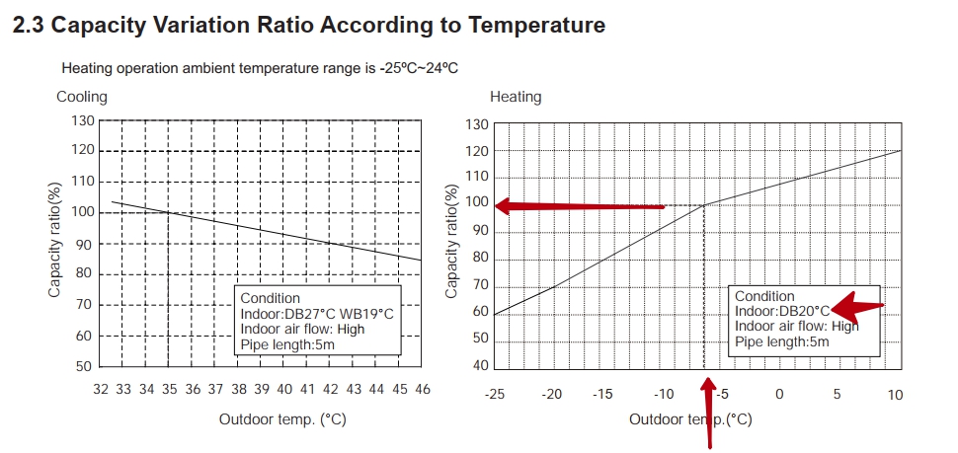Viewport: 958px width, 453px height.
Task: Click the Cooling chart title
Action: pyautogui.click(x=82, y=97)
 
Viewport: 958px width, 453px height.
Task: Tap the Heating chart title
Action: pyautogui.click(x=516, y=97)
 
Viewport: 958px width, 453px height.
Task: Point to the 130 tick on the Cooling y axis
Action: pyautogui.click(x=83, y=120)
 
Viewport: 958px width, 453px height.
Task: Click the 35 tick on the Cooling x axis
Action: pyautogui.click(x=169, y=390)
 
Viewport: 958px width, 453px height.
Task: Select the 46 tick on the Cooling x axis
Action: pyautogui.click(x=421, y=390)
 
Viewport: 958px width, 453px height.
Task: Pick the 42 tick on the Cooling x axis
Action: pyautogui.click(x=330, y=390)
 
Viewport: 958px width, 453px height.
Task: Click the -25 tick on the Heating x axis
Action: pyautogui.click(x=493, y=395)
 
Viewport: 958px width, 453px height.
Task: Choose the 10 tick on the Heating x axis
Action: pyautogui.click(x=895, y=395)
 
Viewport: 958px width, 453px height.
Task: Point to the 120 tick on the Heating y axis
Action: pyautogui.click(x=478, y=151)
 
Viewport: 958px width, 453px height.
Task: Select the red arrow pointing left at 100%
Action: pyautogui.click(x=579, y=206)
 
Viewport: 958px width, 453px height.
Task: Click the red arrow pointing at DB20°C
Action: pyautogui.click(x=856, y=309)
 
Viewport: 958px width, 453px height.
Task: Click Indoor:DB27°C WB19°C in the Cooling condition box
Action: pyautogui.click(x=317, y=314)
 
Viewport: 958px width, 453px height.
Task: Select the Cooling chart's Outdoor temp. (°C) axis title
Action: pyautogui.click(x=282, y=419)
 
